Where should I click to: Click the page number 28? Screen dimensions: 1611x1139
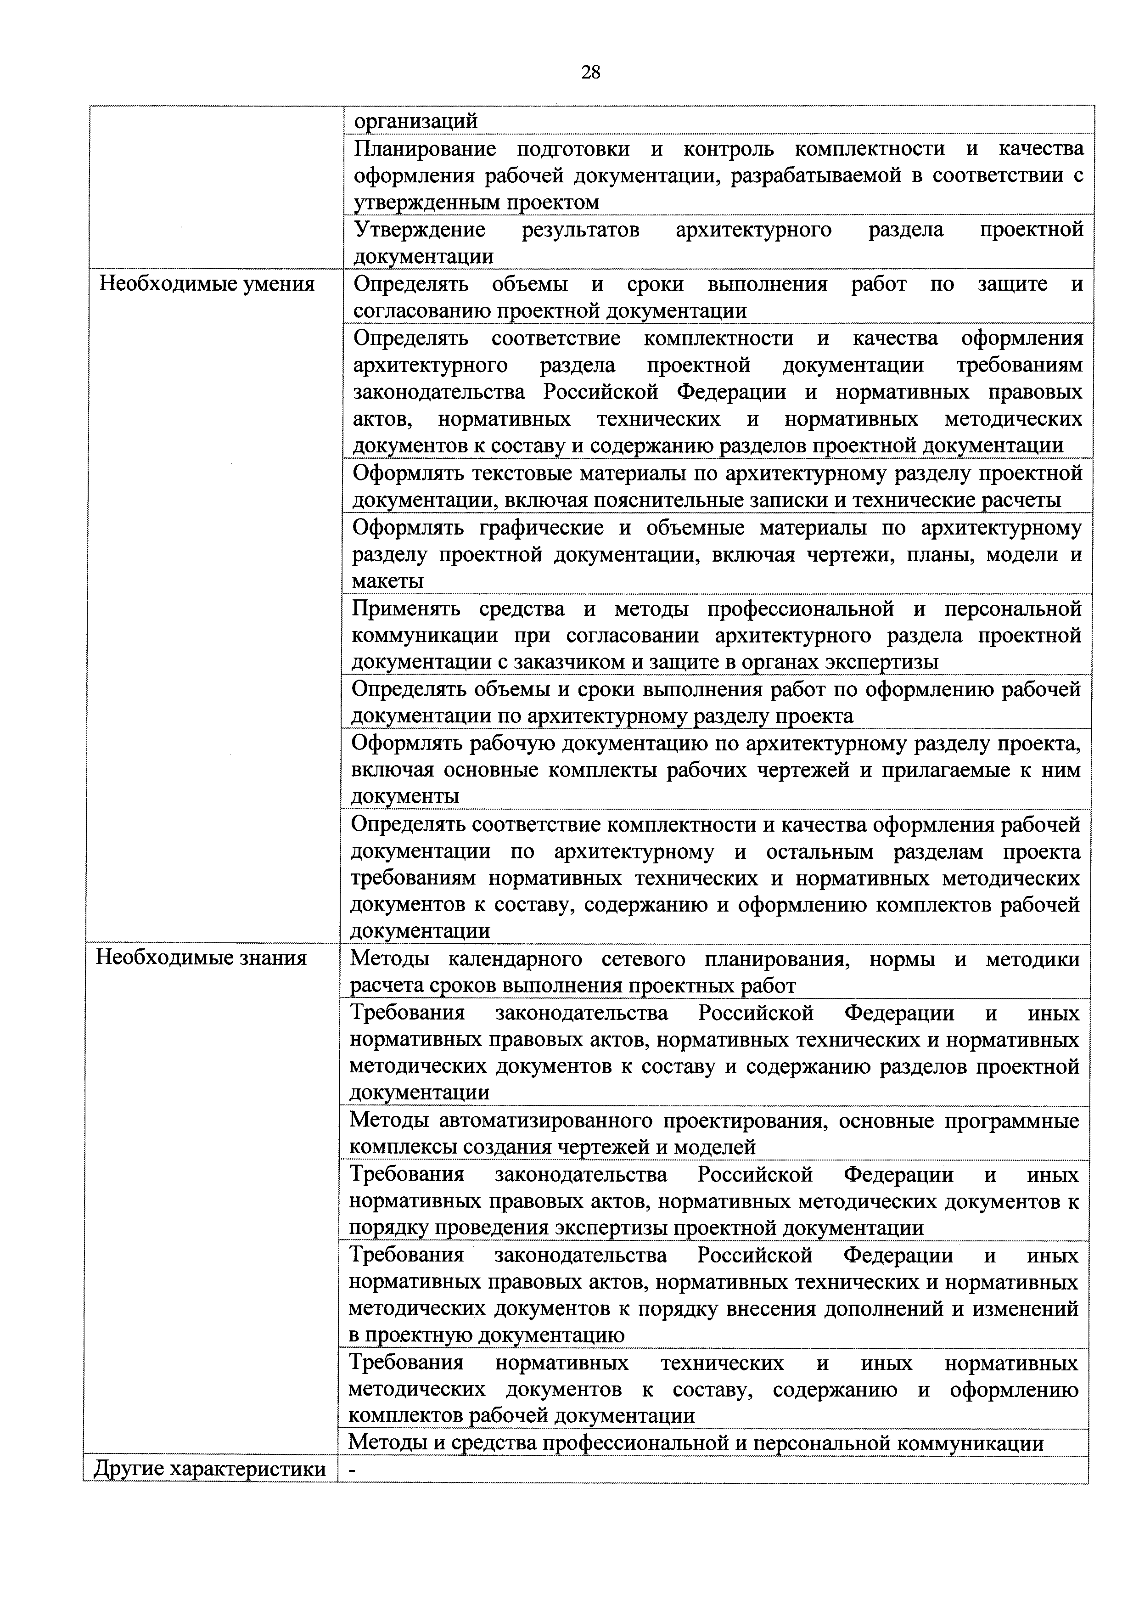590,72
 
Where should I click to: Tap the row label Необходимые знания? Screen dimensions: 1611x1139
201,958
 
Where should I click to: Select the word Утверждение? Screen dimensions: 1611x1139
420,230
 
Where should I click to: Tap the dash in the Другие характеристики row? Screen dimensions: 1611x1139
352,1469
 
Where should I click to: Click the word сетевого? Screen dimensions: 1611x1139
643,958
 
